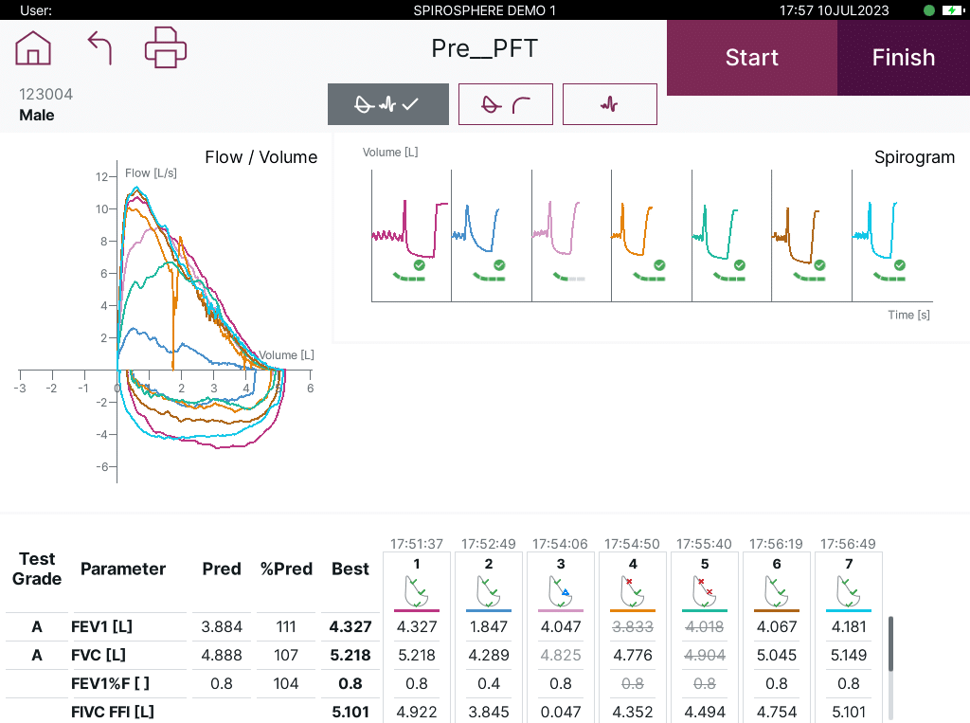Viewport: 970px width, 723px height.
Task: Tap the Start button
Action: coord(751,58)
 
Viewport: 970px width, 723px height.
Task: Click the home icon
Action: coord(33,46)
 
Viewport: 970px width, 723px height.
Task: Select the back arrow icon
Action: coord(99,46)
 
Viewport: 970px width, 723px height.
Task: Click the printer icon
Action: coord(166,46)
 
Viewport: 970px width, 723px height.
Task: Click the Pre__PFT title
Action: coord(484,48)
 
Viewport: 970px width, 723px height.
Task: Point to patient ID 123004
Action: coord(46,95)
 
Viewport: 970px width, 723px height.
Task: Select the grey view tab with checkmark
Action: coord(387,104)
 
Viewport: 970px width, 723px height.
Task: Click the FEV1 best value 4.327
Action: coord(350,626)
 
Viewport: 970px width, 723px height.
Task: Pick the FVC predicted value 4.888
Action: coord(222,655)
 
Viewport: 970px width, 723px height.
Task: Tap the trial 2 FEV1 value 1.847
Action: coord(489,626)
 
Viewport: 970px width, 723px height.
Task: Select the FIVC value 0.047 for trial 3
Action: coord(561,712)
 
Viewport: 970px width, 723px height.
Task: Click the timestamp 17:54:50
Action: coord(633,544)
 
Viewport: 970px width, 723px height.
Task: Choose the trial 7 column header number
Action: coord(849,564)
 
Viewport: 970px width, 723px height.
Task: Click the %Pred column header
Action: coord(286,569)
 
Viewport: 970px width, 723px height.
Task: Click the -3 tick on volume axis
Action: coord(20,388)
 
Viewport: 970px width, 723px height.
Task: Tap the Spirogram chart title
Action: coord(914,157)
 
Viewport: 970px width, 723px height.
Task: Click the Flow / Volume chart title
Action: coord(260,157)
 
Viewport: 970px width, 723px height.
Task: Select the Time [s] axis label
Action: coord(908,315)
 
